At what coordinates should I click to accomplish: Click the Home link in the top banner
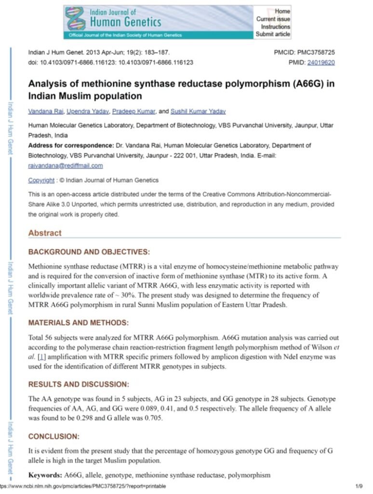tap(282, 11)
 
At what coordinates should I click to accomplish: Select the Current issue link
tap(273, 19)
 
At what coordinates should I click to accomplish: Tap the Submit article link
tap(273, 34)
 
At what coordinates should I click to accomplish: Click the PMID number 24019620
tap(321, 62)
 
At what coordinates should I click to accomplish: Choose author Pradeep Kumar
tap(133, 111)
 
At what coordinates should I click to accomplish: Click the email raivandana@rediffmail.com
tap(66, 165)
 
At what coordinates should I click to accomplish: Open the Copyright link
tap(41, 180)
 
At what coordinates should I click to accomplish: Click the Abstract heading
tap(45, 233)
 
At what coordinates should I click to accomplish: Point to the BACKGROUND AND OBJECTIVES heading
tap(89, 252)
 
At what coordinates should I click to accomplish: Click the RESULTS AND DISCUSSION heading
tap(79, 384)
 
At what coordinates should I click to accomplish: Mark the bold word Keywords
tap(45, 475)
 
